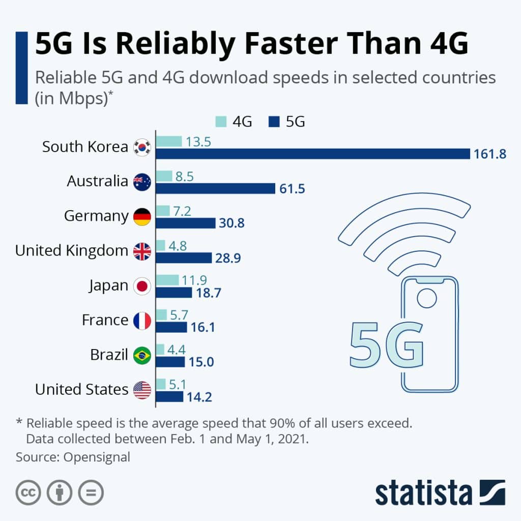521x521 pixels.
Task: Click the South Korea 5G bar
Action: (x=312, y=154)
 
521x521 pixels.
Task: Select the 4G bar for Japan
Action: (x=167, y=280)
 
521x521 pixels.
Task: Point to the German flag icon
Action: (x=142, y=217)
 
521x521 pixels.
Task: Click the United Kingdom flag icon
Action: (x=142, y=251)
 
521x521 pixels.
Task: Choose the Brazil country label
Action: (x=109, y=354)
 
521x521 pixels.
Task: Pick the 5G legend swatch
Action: (x=274, y=122)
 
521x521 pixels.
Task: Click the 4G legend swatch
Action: (x=221, y=122)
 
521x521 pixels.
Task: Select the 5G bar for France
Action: (x=171, y=327)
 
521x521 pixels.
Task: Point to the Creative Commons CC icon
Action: (x=28, y=493)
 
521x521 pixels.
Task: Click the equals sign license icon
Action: (x=91, y=493)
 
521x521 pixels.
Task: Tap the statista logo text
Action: (x=423, y=493)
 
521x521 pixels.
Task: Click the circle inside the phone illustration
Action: (x=427, y=298)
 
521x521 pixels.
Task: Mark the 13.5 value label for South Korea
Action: (x=198, y=141)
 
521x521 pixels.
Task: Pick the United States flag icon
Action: (x=142, y=390)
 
